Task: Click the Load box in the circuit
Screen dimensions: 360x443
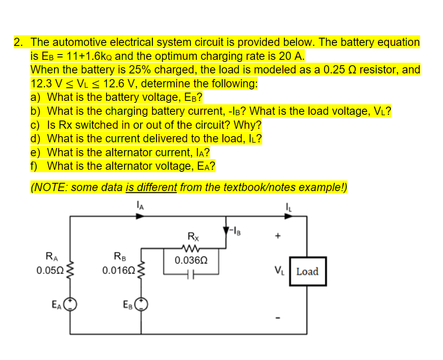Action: click(x=307, y=271)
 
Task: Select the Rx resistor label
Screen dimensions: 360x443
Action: click(x=191, y=236)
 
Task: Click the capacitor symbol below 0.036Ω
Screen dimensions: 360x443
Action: click(x=191, y=272)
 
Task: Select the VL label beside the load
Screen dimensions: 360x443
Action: click(x=279, y=271)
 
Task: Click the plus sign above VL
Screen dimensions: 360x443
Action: click(x=278, y=237)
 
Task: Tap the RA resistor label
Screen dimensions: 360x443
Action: click(x=50, y=257)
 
